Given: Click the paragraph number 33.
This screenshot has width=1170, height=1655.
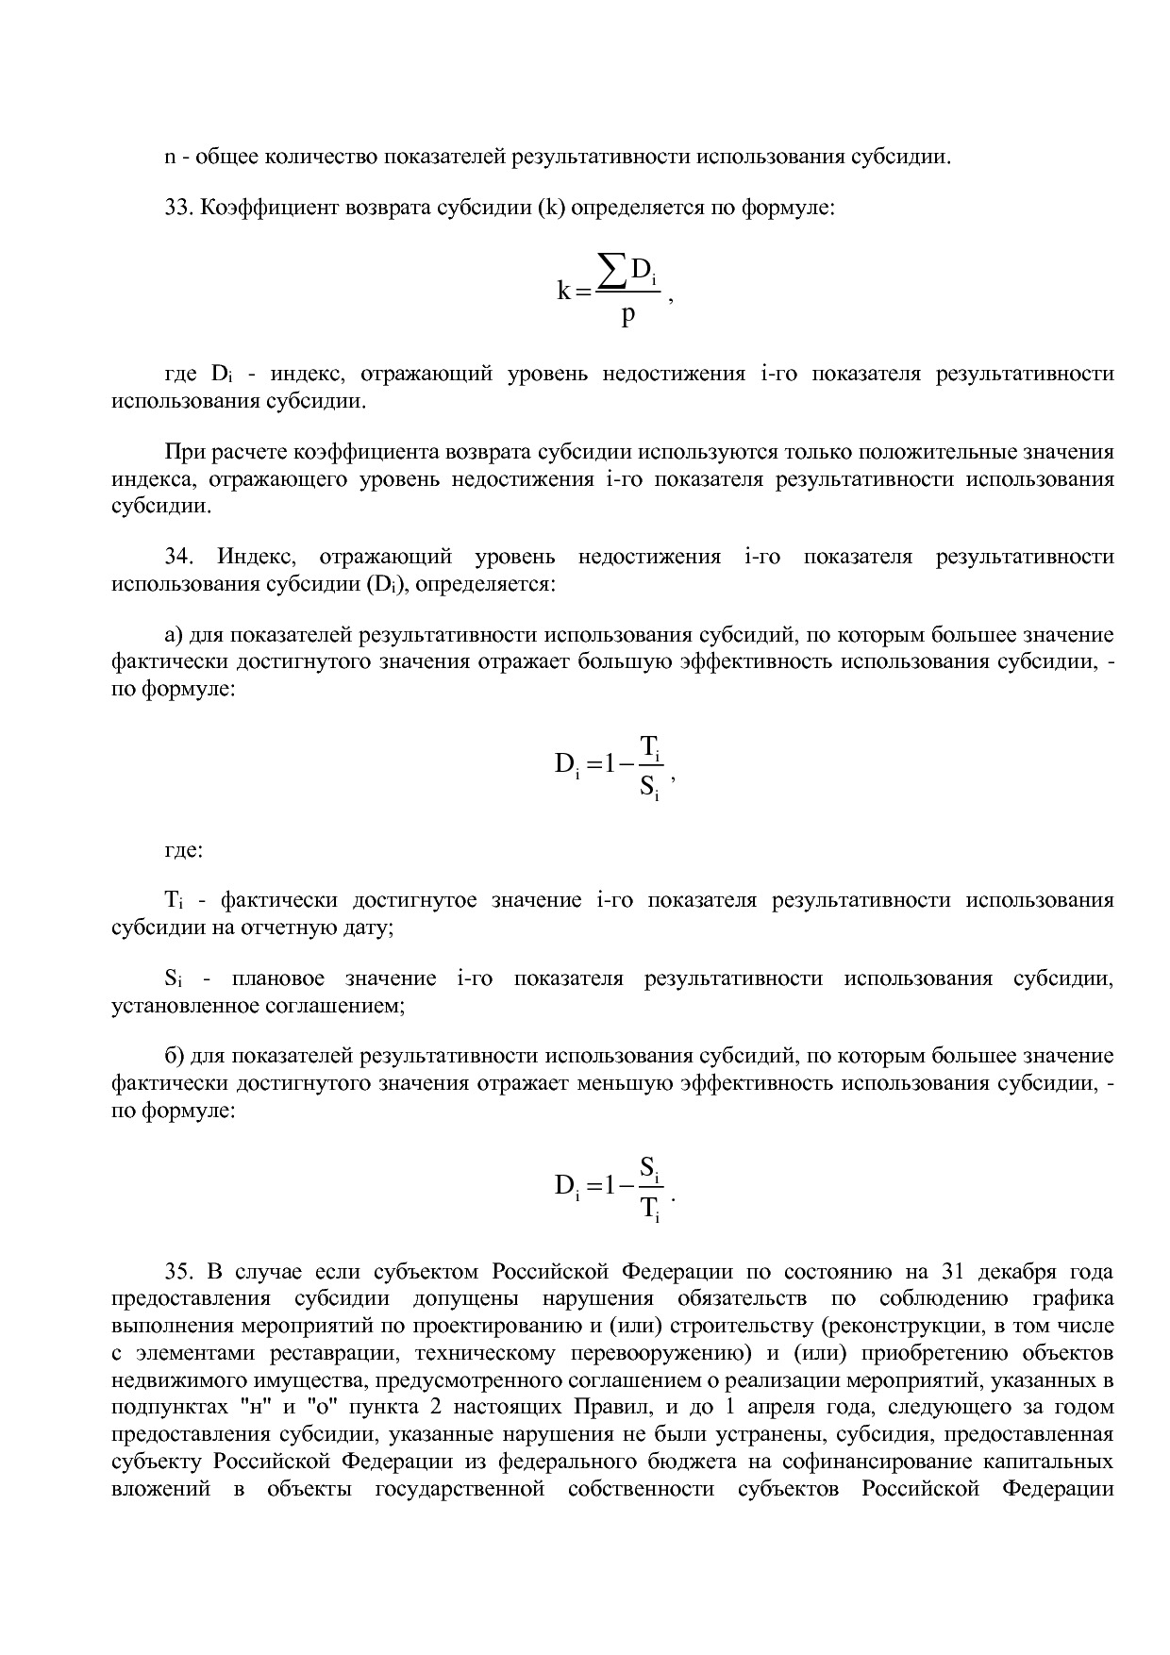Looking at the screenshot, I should pos(178,208).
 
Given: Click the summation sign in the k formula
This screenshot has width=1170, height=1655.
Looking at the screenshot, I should pos(613,274).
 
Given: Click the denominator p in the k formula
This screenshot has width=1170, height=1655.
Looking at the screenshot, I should pos(628,314).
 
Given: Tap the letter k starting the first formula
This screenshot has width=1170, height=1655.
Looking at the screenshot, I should pos(564,292).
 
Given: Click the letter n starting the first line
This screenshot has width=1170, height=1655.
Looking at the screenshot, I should pos(170,157).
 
